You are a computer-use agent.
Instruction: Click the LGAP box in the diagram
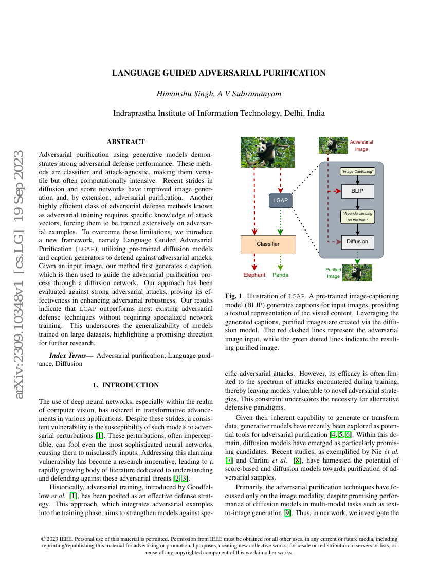[x=280, y=200]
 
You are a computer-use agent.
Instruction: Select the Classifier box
[x=268, y=244]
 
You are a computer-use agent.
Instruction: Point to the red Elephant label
[x=254, y=275]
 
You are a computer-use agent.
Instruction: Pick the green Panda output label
[x=280, y=275]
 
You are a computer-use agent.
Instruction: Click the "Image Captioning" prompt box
[x=357, y=171]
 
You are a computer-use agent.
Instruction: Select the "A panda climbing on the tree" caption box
[x=357, y=216]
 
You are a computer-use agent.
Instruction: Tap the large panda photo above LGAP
[x=267, y=152]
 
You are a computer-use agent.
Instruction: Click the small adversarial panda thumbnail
[x=334, y=145]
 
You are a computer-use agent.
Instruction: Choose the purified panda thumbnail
[x=357, y=272]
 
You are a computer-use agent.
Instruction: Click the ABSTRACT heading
[x=125, y=141]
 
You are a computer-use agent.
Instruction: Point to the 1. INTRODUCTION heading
[x=125, y=385]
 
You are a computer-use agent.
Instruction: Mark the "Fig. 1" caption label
[x=234, y=297]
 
